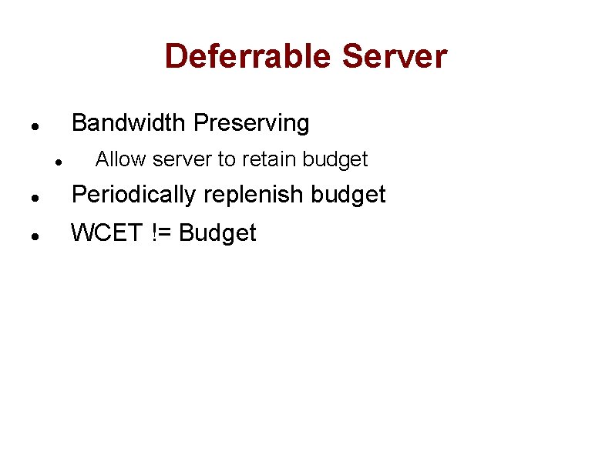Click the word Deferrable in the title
248,56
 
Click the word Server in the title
395,56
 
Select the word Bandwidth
129,122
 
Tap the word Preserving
251,122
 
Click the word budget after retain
335,159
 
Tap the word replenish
252,195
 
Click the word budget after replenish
348,195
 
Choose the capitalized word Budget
217,232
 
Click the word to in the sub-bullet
227,159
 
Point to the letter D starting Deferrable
176,56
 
